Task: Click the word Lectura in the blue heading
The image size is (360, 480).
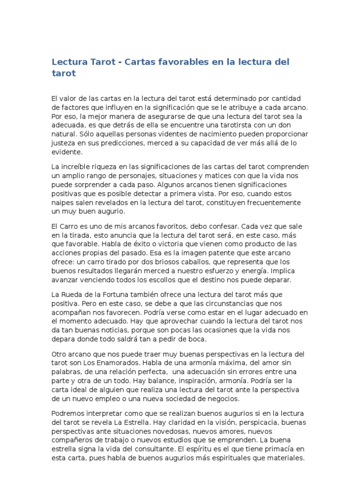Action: [x=69, y=62]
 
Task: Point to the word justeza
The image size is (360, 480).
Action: [x=63, y=143]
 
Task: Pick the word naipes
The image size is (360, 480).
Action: [x=62, y=202]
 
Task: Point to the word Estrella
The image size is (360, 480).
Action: [x=125, y=422]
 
